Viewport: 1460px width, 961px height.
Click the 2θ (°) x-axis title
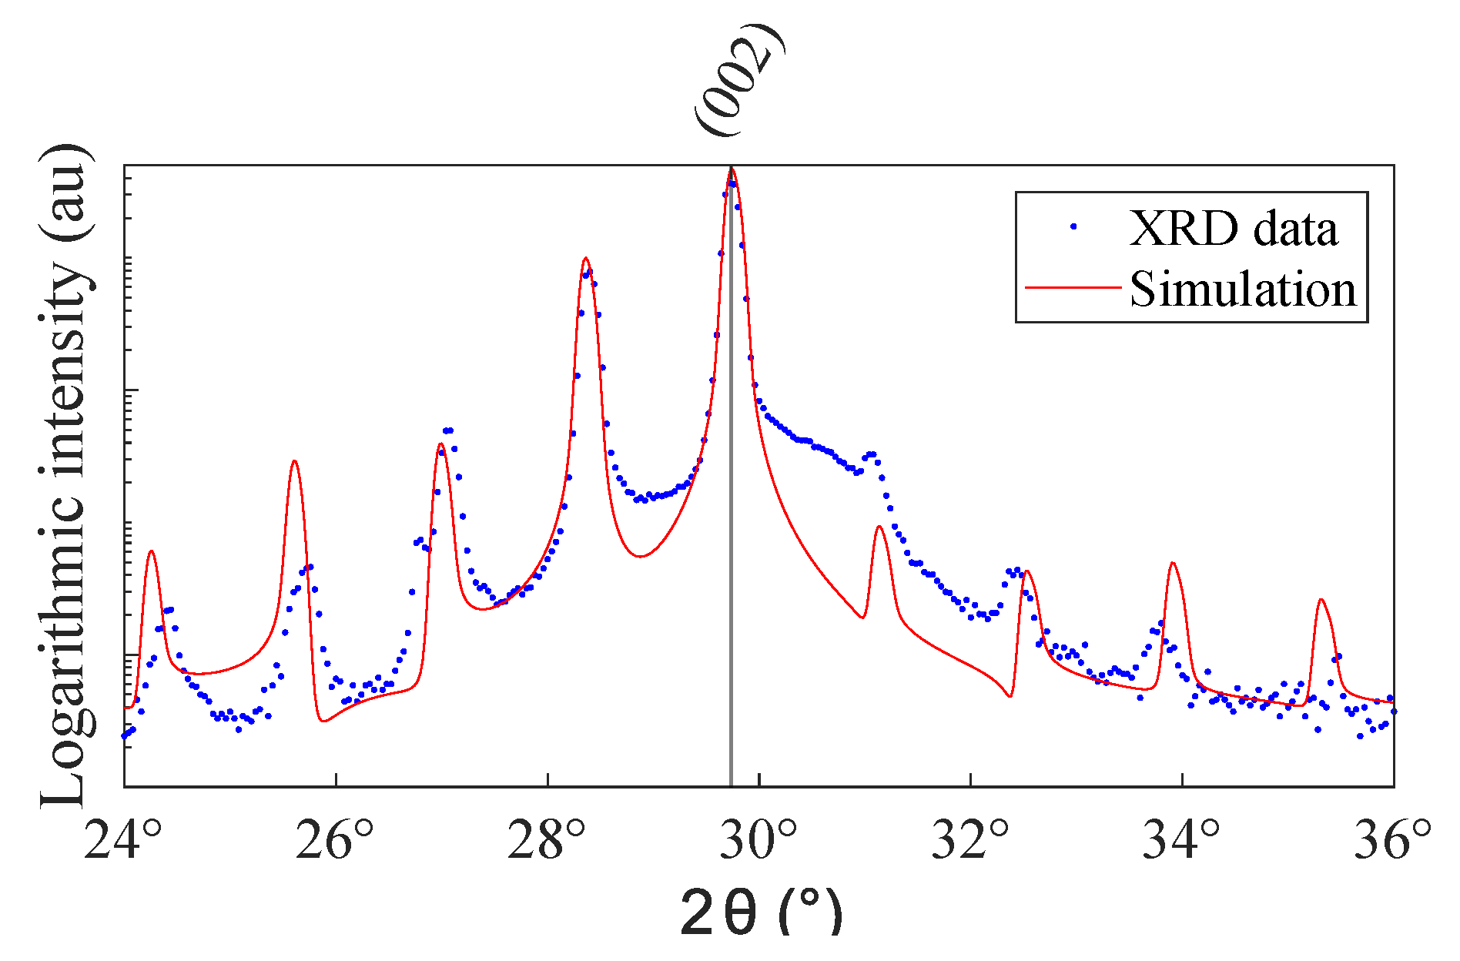click(x=761, y=912)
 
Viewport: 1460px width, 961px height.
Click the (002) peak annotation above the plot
click(x=739, y=81)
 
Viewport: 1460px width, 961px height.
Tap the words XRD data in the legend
click(x=1233, y=229)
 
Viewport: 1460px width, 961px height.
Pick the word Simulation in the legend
click(x=1242, y=290)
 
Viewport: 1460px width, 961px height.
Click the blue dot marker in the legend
click(x=1073, y=226)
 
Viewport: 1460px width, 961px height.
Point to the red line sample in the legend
click(x=1073, y=286)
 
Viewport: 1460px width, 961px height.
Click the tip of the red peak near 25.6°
click(x=294, y=461)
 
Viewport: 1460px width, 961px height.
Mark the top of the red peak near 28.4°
click(x=586, y=258)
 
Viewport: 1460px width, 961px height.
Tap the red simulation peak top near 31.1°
click(x=879, y=527)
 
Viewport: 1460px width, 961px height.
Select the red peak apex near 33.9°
click(x=1172, y=563)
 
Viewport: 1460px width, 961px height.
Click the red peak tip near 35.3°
click(x=1321, y=599)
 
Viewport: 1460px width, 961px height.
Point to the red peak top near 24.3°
click(x=152, y=551)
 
